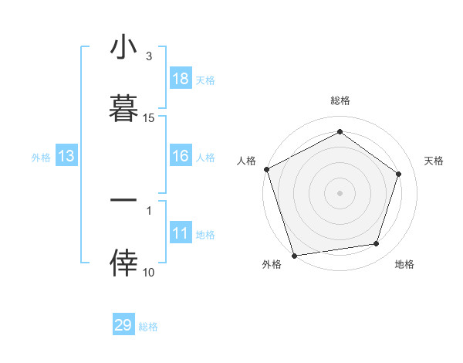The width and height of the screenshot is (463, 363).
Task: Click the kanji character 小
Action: (x=124, y=49)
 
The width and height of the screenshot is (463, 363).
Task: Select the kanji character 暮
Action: (x=124, y=107)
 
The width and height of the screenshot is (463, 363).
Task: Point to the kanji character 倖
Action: (x=124, y=263)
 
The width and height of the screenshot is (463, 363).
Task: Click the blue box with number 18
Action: (x=181, y=78)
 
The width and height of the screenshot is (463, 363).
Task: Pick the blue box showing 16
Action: (x=181, y=156)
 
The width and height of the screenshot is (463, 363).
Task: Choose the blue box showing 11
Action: (x=181, y=233)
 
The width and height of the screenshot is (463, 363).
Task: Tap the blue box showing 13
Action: (x=66, y=156)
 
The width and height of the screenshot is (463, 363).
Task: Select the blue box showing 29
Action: (x=123, y=325)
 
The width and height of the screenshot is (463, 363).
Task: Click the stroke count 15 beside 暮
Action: (x=149, y=118)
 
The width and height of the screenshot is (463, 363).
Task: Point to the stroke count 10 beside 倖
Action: (x=149, y=273)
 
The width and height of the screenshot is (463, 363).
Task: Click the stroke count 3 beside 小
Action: (x=149, y=56)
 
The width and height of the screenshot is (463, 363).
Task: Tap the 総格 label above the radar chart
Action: (x=340, y=100)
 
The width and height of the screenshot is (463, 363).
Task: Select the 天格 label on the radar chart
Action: (x=434, y=161)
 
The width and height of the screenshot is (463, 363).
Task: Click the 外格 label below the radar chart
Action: (x=272, y=264)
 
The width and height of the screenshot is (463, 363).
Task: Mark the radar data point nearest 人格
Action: (x=266, y=169)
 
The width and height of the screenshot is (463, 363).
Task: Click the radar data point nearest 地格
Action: (x=377, y=244)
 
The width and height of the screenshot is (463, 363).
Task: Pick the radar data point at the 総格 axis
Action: (x=340, y=132)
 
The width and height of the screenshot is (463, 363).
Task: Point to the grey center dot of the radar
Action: (x=340, y=192)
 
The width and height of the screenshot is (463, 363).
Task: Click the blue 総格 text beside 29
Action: (x=148, y=327)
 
